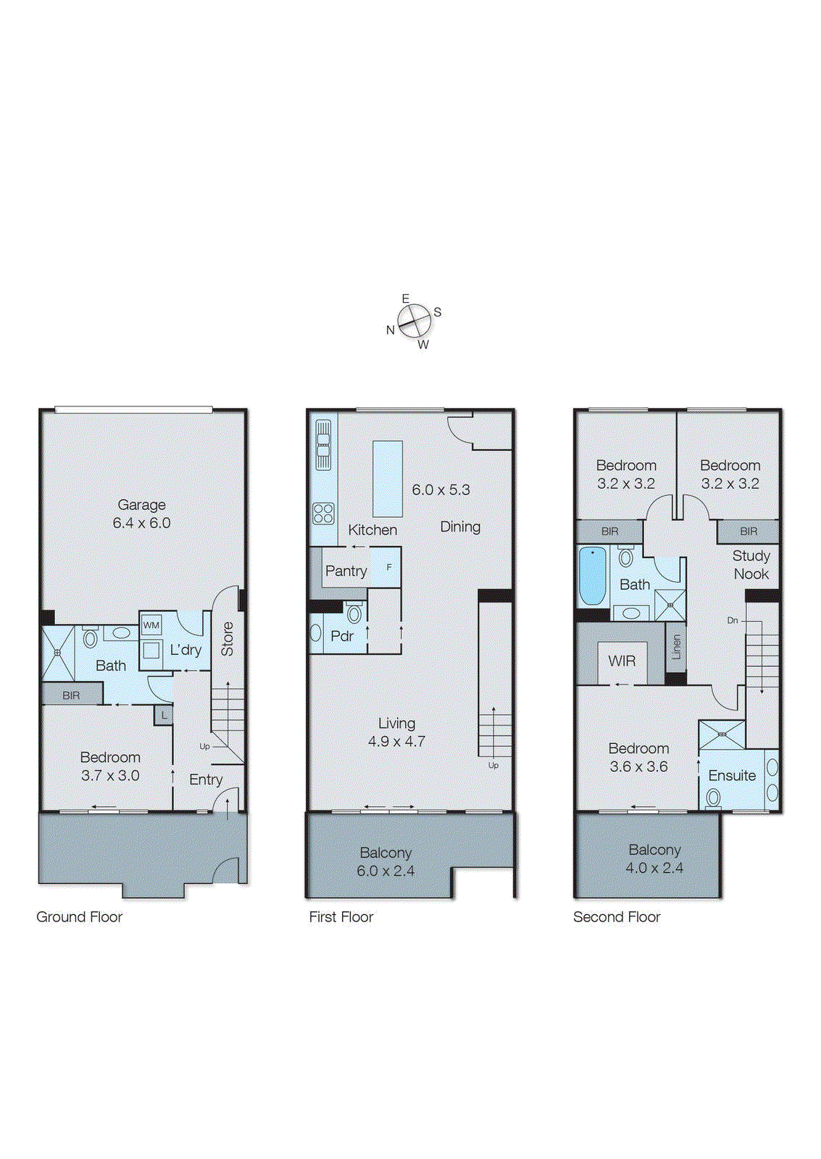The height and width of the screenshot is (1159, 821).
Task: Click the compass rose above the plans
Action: [414, 319]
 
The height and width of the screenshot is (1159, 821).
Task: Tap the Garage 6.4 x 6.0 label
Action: [141, 514]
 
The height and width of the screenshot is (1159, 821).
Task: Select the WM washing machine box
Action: [151, 624]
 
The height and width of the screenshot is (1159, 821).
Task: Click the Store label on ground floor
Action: [228, 639]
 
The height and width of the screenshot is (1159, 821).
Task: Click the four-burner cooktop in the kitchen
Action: [323, 514]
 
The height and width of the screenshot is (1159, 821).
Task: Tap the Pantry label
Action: [346, 571]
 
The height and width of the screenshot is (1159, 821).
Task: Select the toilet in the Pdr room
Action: [354, 614]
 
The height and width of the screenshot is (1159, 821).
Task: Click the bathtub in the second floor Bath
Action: [592, 577]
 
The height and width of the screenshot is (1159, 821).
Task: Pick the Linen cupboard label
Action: [676, 645]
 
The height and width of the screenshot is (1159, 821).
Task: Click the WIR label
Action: [622, 661]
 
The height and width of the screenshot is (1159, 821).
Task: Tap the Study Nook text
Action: [751, 564]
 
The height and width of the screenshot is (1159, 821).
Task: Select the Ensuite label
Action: [732, 775]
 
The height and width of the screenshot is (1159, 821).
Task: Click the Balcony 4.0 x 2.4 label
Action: [654, 858]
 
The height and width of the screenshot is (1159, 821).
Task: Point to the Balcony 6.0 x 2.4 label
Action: [386, 861]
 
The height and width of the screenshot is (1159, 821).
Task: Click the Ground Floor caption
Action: [79, 916]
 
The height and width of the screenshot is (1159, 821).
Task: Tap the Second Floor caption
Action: [617, 916]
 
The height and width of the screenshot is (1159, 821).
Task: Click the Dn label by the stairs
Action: [733, 620]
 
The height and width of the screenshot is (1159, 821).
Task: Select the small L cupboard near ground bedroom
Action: [164, 715]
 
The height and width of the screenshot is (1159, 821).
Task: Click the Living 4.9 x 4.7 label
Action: [396, 732]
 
